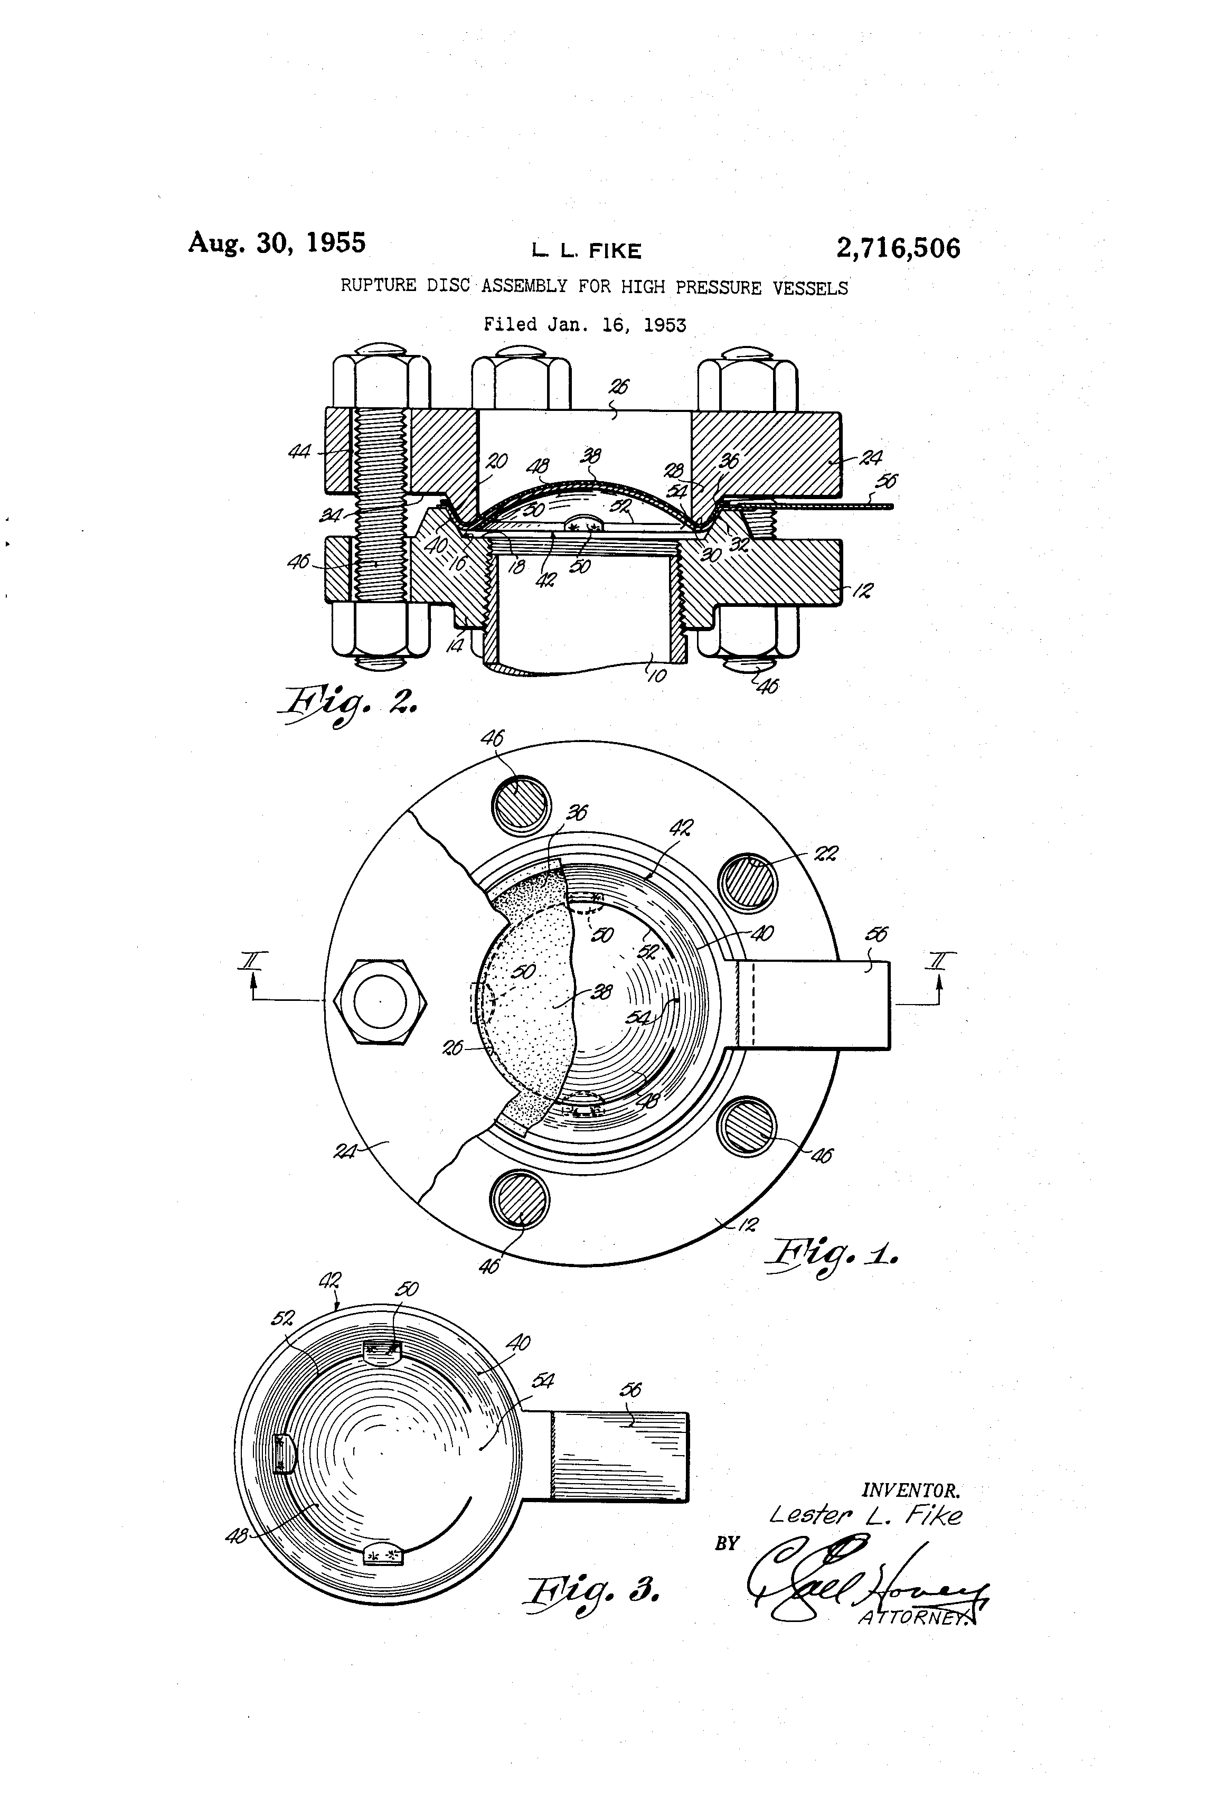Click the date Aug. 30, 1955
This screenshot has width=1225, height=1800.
277,242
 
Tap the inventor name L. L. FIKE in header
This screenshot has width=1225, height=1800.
586,251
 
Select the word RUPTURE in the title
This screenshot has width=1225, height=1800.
378,285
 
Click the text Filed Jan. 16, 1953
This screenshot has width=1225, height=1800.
585,324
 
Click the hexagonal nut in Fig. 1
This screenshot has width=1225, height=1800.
380,1001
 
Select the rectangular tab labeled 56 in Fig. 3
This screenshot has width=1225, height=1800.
619,1457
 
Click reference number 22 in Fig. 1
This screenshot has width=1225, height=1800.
826,854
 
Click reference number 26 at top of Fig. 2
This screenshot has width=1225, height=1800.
619,387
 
